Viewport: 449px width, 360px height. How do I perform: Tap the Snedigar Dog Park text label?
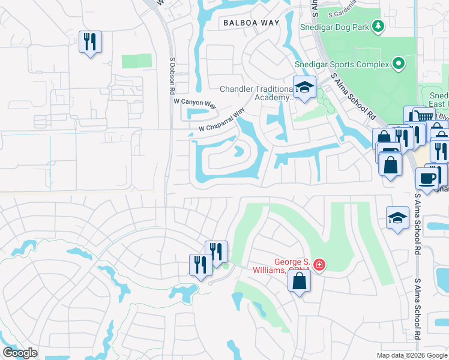coord(338,26)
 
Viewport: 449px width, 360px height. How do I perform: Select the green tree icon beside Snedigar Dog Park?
coord(378,26)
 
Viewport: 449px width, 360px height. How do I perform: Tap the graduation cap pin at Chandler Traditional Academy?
coord(304,88)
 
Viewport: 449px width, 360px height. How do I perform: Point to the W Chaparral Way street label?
coord(222,121)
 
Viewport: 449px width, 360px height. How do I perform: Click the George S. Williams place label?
coord(292,266)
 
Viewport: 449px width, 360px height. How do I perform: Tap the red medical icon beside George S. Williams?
coord(319,265)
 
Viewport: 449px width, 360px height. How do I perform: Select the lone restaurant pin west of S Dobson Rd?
coord(90,42)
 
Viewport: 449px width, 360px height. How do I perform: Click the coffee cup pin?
coord(427,179)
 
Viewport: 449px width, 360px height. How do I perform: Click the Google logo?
coord(20,353)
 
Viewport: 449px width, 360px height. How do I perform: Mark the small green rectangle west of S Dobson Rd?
coord(137,61)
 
